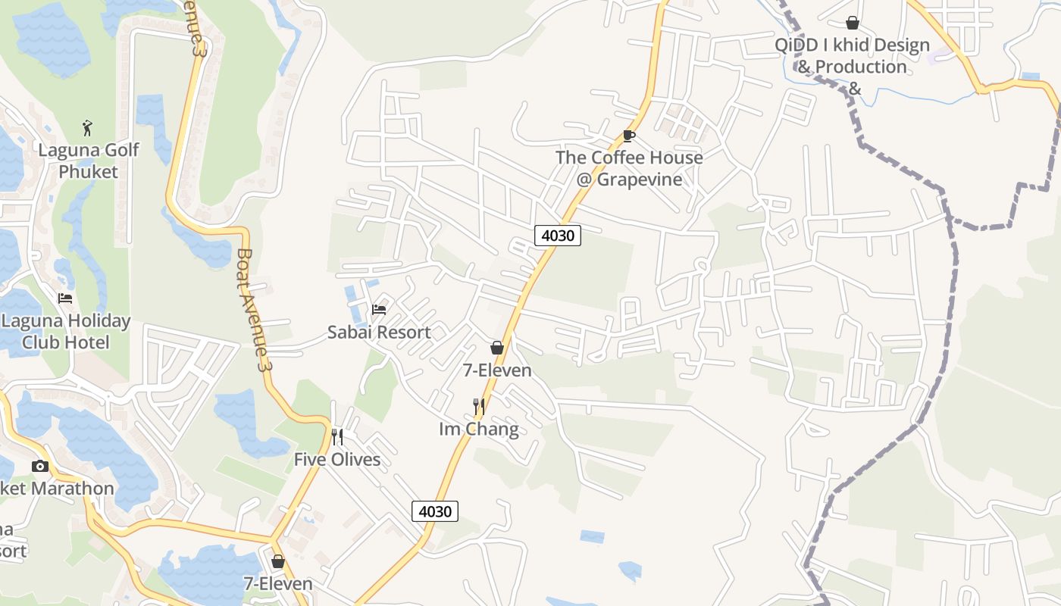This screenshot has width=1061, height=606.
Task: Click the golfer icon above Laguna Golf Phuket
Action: coord(87,127)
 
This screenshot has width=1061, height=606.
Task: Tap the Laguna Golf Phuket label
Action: coord(89,161)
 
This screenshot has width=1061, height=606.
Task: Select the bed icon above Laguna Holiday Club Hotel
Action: coord(65,298)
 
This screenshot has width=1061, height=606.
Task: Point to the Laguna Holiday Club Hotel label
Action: coord(65,331)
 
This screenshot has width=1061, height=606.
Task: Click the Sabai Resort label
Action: coord(379,332)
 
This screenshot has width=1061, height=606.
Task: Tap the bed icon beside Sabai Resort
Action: coord(379,309)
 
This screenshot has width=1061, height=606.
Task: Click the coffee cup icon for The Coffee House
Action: coord(628,136)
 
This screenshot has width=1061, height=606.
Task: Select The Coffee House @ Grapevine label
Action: coord(629,168)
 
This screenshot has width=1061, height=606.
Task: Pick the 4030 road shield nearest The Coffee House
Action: coord(558,236)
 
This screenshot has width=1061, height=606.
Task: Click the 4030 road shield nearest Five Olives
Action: coord(435,511)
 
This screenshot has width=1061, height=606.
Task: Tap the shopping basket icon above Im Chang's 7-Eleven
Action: coord(497,348)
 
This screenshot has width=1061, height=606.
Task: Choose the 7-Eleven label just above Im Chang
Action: coord(497,370)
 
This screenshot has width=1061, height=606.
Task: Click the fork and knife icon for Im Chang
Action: coord(478,407)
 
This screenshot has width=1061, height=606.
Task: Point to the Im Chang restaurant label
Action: coord(479,429)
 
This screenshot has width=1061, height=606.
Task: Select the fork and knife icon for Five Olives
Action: coord(337,437)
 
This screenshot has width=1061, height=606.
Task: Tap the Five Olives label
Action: coord(337,459)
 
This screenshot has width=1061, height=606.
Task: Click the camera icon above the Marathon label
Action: coord(40,466)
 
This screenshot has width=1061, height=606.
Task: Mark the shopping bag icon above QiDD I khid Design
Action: coord(853,23)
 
